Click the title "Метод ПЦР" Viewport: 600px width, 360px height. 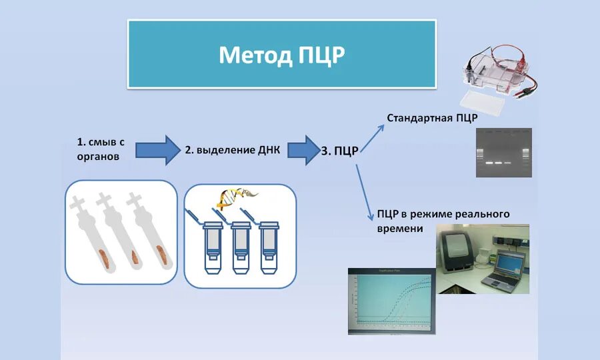click(x=281, y=55)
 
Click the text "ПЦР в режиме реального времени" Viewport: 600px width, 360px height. click(x=442, y=221)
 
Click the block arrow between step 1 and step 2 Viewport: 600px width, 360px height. click(x=158, y=149)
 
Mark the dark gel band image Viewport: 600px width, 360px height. click(x=503, y=153)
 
